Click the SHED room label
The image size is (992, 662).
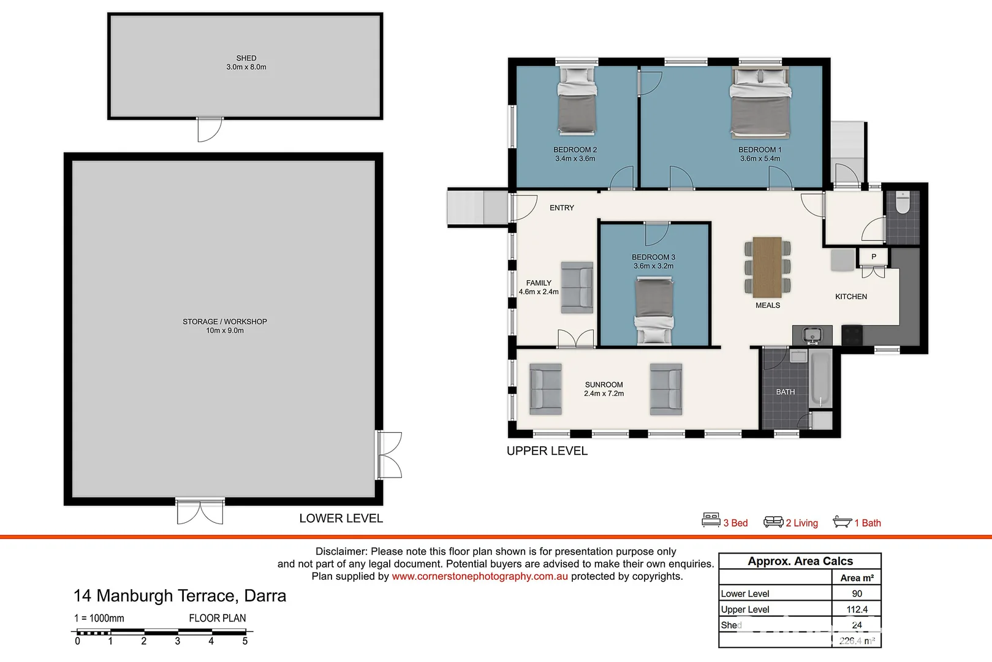246,58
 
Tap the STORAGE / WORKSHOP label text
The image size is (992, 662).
224,321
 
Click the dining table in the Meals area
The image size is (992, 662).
767,267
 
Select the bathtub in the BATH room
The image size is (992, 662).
820,379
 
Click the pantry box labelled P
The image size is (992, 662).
874,256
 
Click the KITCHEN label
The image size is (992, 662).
851,297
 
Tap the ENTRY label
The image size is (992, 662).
562,208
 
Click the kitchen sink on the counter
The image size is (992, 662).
812,335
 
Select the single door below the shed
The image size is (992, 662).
209,129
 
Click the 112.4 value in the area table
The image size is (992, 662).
857,609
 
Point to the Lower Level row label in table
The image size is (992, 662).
745,593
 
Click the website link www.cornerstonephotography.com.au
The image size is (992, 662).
480,576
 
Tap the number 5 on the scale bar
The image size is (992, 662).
245,641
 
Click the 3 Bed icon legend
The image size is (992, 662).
725,522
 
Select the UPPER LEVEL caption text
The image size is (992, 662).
547,451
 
